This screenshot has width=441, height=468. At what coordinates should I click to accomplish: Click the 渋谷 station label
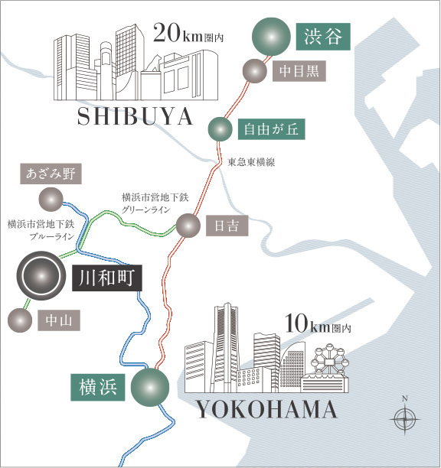point(323,36)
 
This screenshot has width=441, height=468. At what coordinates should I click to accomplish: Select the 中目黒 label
point(299,71)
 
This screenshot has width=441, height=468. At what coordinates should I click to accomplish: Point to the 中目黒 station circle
point(253,71)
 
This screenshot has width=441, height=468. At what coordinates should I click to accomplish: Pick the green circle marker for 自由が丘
point(220,128)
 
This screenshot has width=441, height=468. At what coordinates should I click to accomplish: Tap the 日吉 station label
point(225,226)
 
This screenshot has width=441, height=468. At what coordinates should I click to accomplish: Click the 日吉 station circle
point(188,226)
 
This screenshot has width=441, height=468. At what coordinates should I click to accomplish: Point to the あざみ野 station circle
point(51,199)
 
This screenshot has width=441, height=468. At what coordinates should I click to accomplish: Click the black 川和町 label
point(107,278)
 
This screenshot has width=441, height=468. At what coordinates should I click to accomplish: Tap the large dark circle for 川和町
point(41,277)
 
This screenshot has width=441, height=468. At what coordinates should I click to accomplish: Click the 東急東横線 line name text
point(251,163)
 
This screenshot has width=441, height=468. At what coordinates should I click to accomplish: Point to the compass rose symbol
point(404,418)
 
